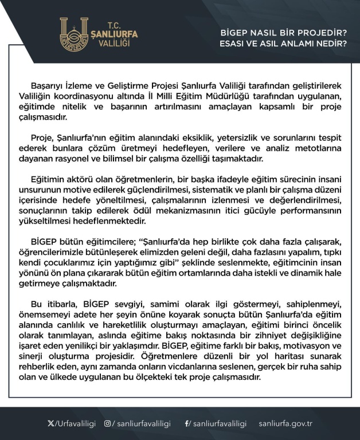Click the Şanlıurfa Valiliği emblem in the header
coord(75,35)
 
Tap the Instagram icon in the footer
coord(107,423)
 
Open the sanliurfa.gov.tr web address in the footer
coord(285,423)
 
